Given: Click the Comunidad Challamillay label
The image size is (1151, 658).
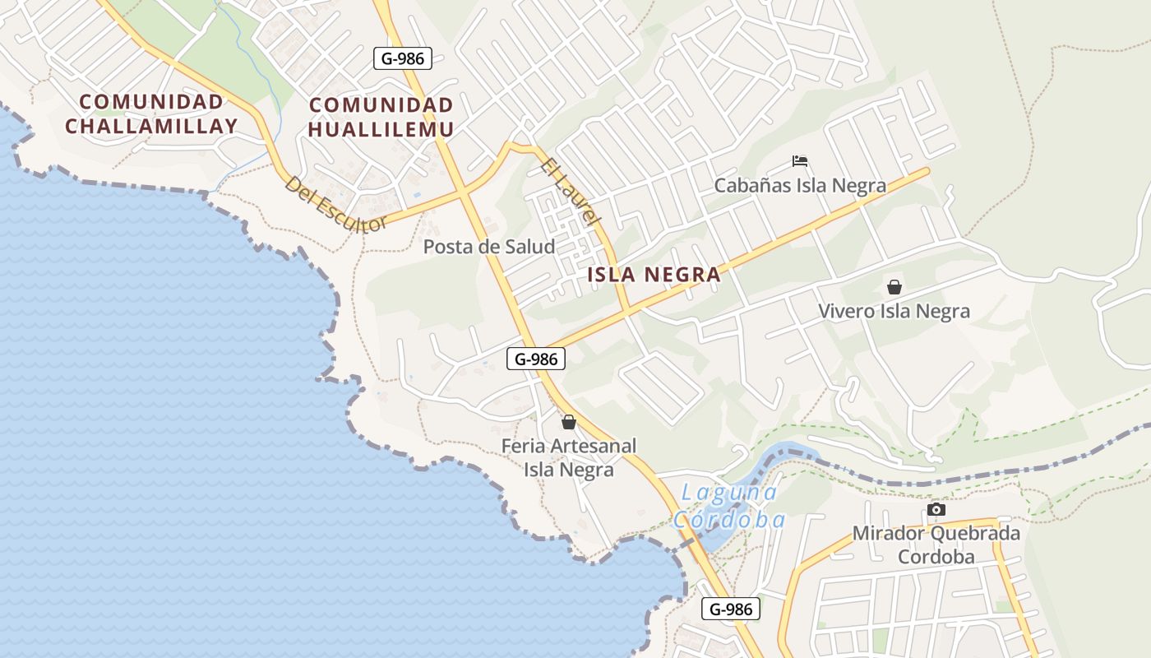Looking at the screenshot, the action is (151, 114).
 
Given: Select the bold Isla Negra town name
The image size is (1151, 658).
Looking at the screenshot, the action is (654, 275).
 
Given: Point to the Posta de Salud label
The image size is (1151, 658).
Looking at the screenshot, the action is (488, 246).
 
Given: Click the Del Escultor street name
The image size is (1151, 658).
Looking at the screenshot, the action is (335, 204).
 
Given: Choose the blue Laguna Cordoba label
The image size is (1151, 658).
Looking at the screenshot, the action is (728, 507).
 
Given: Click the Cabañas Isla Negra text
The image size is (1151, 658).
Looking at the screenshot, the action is (799, 185).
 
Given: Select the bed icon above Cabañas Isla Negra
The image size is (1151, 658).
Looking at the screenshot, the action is (800, 161).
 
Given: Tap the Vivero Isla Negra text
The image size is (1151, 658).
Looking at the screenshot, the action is (894, 312).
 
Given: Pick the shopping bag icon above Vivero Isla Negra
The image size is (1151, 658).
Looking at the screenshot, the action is (894, 287).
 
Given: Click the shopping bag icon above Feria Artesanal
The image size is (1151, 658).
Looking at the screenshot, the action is (568, 422).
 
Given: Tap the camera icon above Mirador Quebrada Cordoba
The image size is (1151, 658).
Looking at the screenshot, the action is (936, 510).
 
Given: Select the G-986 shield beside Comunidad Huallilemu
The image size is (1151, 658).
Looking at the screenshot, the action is (403, 58).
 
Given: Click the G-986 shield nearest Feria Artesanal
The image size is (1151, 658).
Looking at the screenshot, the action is (536, 359).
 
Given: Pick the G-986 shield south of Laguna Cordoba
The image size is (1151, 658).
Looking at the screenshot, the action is (730, 609).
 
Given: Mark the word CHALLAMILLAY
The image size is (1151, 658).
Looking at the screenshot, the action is (151, 126).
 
